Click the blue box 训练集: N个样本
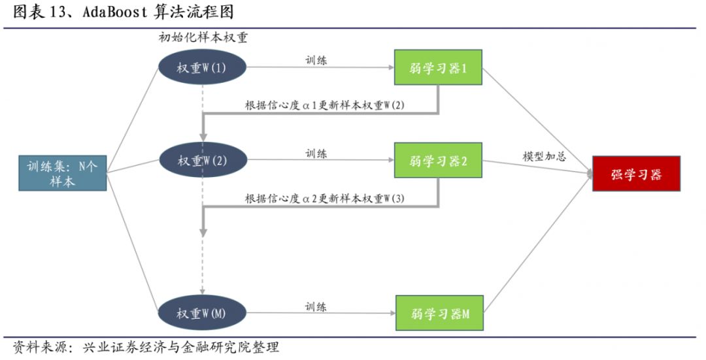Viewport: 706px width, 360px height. coord(63,172)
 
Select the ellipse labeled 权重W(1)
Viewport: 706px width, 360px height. coord(202,67)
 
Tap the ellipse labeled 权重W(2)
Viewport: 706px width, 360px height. coord(202,160)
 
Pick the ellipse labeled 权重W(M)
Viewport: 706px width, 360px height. coord(202,312)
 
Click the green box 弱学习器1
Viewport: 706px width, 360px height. coord(438,67)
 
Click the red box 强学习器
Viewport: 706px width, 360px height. coord(636,173)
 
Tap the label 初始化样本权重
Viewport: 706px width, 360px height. coord(203,38)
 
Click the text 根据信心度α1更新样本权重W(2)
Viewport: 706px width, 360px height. coord(325,105)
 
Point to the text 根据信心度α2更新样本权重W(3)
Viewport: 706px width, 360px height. coord(325,198)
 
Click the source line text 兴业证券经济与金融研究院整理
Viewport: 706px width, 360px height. coord(180,347)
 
